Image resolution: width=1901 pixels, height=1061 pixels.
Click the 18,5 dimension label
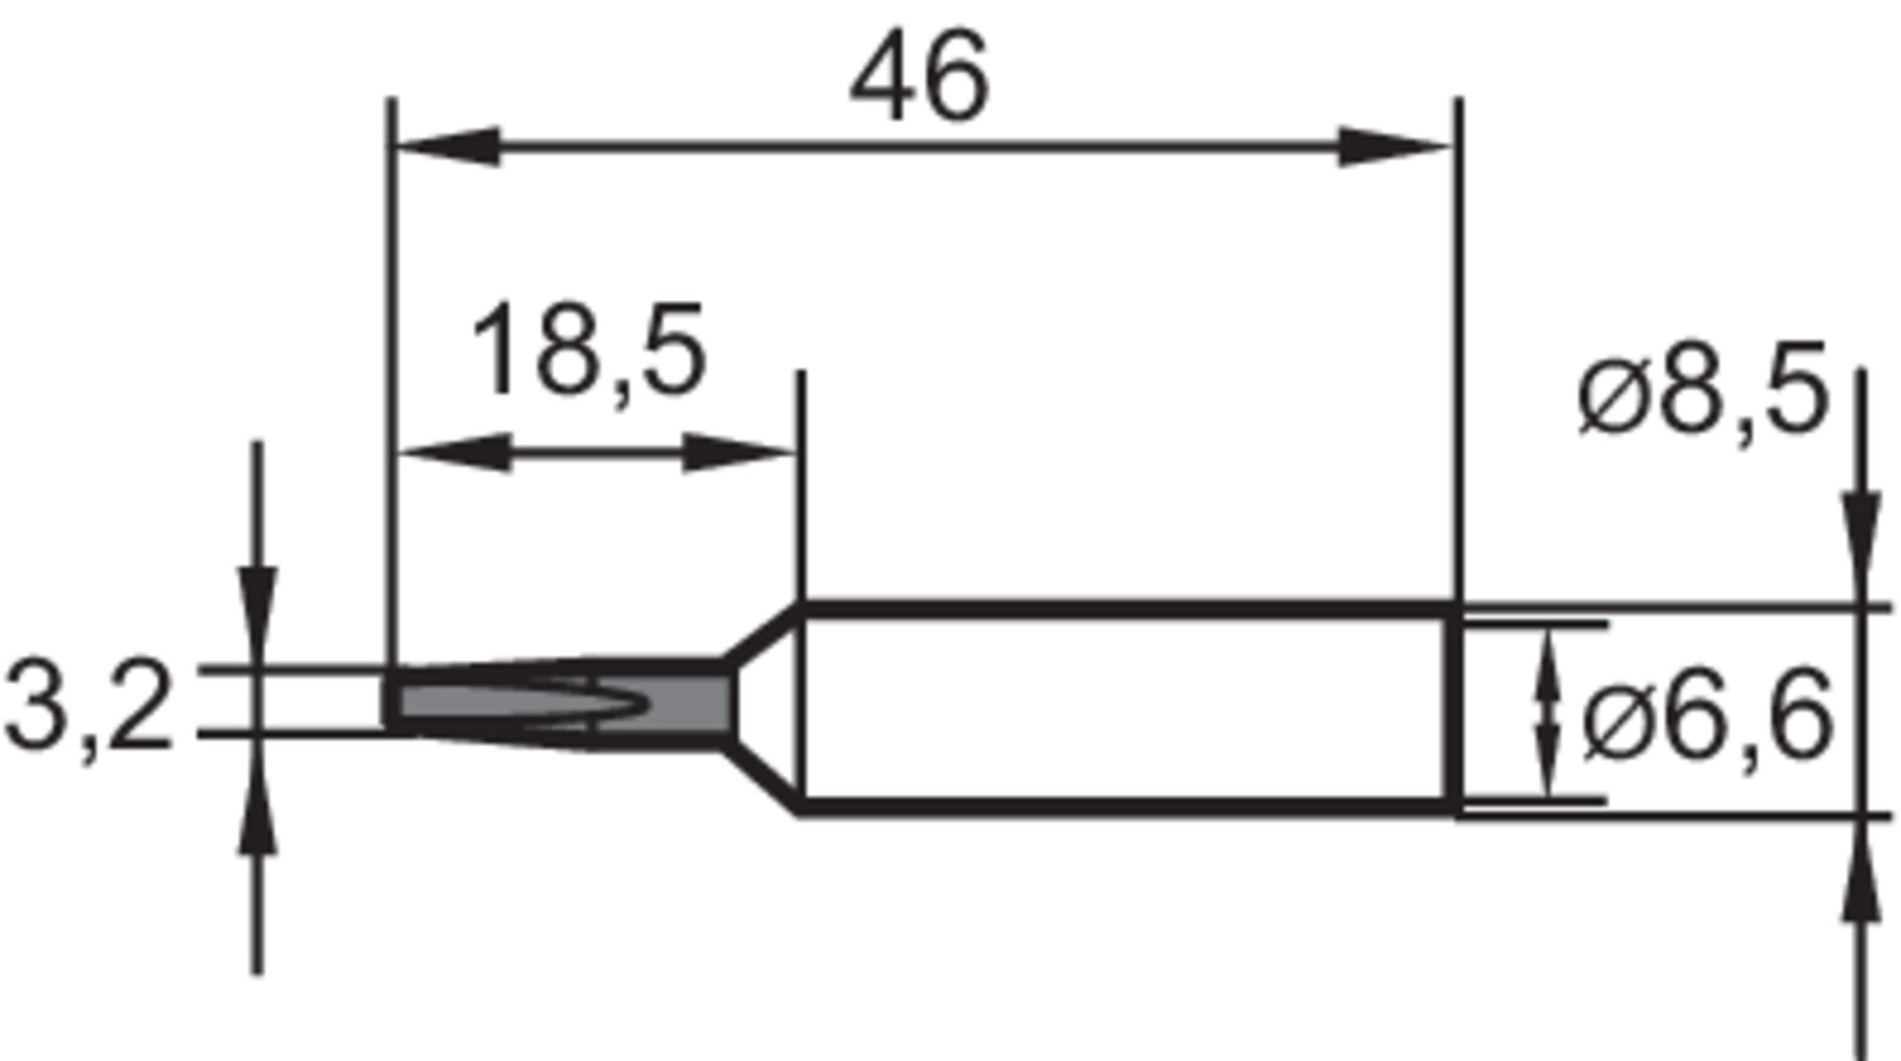[588, 350]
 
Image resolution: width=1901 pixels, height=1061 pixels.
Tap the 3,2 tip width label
[89, 709]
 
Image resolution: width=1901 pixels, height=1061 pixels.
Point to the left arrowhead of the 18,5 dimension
[455, 453]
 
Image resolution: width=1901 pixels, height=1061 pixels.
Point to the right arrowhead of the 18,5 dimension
[739, 453]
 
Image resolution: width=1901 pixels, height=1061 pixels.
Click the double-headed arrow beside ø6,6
[1547, 713]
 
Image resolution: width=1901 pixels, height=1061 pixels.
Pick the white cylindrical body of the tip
[1119, 709]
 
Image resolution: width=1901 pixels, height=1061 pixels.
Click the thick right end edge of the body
[1453, 709]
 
